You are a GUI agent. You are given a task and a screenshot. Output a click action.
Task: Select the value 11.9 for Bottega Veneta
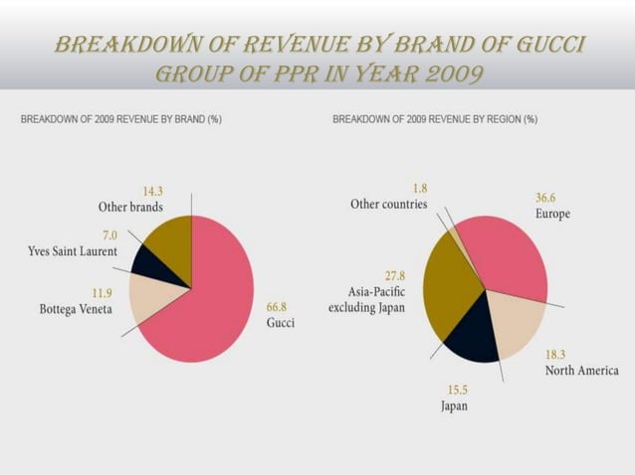pyautogui.click(x=101, y=293)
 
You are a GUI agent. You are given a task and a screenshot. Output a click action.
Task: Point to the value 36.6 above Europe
pyautogui.click(x=548, y=198)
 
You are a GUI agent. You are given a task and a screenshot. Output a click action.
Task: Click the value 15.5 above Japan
pyautogui.click(x=455, y=390)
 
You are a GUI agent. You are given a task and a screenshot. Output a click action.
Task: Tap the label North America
pyautogui.click(x=581, y=371)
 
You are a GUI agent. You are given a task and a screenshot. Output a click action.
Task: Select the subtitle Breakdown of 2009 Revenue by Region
pyautogui.click(x=435, y=119)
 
